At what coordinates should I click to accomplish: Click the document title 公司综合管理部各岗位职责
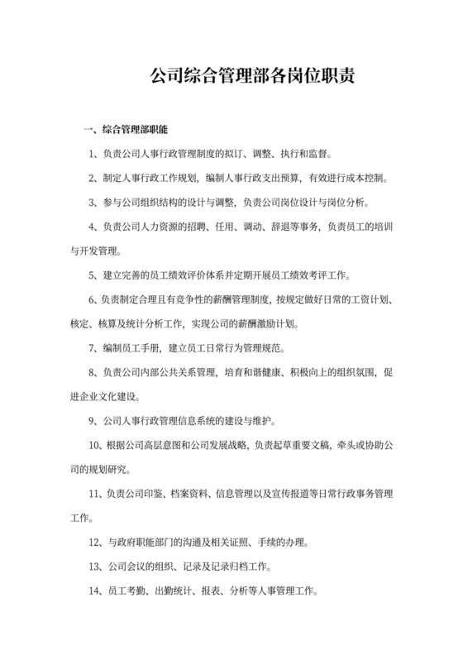251,78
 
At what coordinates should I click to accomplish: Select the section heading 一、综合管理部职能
126,131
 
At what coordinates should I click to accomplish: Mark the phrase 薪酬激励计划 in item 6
266,323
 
